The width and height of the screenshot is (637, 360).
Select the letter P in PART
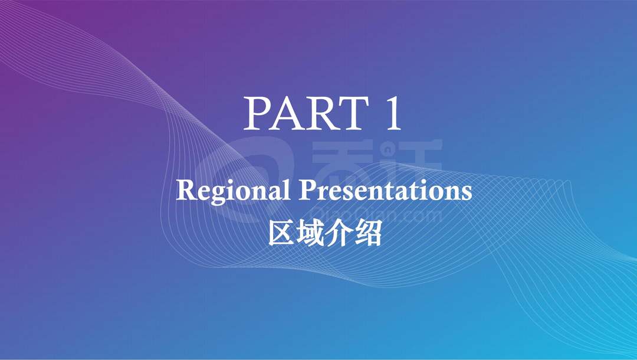click(257, 113)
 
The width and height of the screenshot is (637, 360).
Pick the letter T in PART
click(353, 113)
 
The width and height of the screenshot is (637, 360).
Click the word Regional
click(233, 192)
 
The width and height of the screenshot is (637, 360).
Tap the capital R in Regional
click(186, 190)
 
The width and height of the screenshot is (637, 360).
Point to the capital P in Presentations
click(308, 190)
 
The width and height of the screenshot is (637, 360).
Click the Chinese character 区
click(281, 233)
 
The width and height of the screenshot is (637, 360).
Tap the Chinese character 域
click(310, 233)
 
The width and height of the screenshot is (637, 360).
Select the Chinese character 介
click(339, 233)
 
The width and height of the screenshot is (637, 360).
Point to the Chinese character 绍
click(369, 233)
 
